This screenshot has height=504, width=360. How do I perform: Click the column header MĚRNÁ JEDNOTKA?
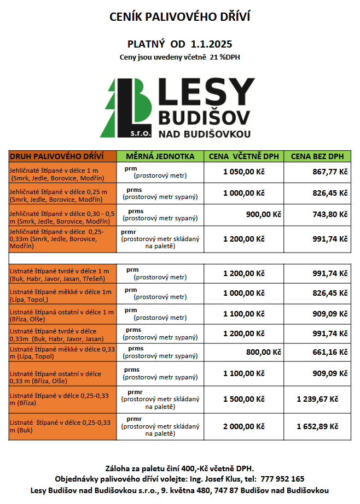[160, 156]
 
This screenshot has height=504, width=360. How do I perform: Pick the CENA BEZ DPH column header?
[317, 156]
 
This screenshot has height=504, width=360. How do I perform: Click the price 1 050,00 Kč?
[243, 172]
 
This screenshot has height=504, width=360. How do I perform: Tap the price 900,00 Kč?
[263, 214]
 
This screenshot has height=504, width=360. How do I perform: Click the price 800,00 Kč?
[263, 353]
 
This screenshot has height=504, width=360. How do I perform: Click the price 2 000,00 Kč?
[243, 426]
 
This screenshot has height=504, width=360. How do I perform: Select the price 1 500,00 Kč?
[243, 399]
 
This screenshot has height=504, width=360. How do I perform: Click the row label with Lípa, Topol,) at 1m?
[60, 296]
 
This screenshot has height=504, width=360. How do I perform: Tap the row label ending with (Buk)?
[60, 426]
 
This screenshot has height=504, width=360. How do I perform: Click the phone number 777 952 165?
[282, 478]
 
